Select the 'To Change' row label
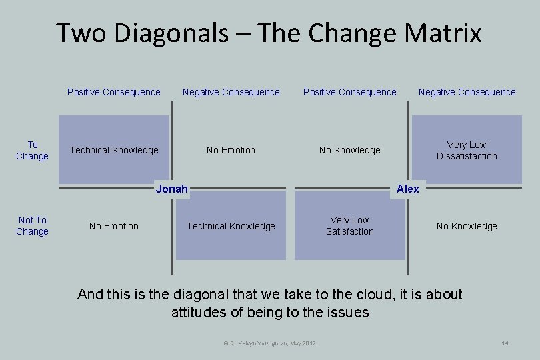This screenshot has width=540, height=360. point(32,150)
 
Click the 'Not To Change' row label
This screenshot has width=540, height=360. point(32,225)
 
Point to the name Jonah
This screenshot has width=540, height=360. point(171,189)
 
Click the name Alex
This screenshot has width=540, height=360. point(407,189)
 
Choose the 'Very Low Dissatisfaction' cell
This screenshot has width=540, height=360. point(467,150)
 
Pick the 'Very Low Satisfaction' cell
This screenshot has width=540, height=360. point(349,225)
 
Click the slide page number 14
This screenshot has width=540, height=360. point(505,343)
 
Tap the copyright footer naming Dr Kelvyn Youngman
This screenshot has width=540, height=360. point(269,343)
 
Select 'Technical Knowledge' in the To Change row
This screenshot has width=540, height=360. point(114,150)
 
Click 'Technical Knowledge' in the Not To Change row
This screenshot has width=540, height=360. point(231,226)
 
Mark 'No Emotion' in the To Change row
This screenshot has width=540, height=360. point(231,150)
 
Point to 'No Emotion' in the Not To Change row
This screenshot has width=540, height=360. point(114,226)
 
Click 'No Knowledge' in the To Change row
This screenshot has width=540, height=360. point(349,150)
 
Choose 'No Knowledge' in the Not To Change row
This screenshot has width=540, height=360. point(467,226)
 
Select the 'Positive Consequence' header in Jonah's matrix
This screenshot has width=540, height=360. point(114,92)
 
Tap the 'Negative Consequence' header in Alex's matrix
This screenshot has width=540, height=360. point(467,92)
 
